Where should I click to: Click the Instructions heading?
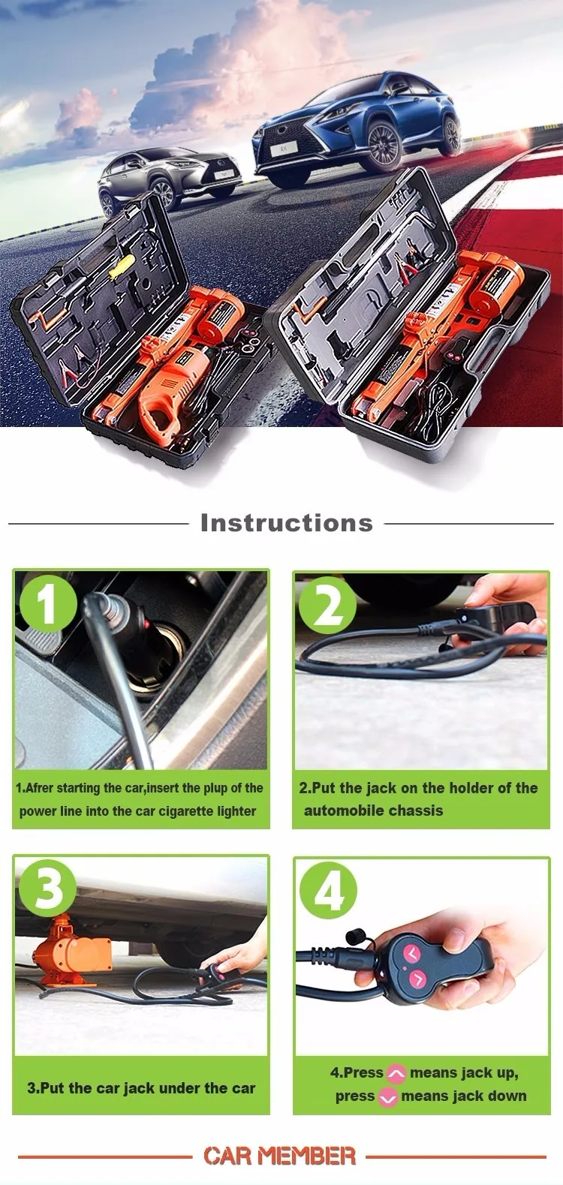(286, 523)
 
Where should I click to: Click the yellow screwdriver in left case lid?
(122, 267)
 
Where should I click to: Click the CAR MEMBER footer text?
(279, 1156)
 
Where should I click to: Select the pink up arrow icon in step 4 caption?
(396, 1074)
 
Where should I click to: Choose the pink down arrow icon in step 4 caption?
(387, 1097)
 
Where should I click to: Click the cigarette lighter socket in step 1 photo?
(162, 645)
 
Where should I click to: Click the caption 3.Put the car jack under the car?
(141, 1088)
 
